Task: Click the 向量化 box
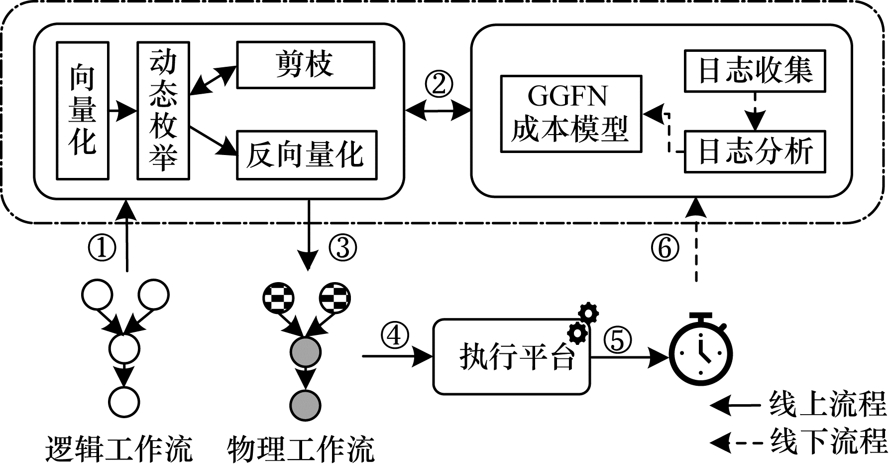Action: (x=83, y=111)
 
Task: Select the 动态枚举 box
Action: (x=163, y=111)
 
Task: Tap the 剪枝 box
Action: (x=305, y=65)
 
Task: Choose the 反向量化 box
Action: (x=306, y=155)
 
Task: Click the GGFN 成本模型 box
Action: (x=570, y=114)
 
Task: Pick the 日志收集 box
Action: (x=755, y=71)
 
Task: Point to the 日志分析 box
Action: (x=755, y=152)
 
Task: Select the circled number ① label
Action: (x=102, y=248)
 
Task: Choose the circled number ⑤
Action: (x=617, y=341)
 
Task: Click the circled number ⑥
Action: (x=665, y=248)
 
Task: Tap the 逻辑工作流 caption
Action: (x=118, y=450)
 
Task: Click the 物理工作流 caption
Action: (x=301, y=450)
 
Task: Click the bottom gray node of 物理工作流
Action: (x=305, y=405)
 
